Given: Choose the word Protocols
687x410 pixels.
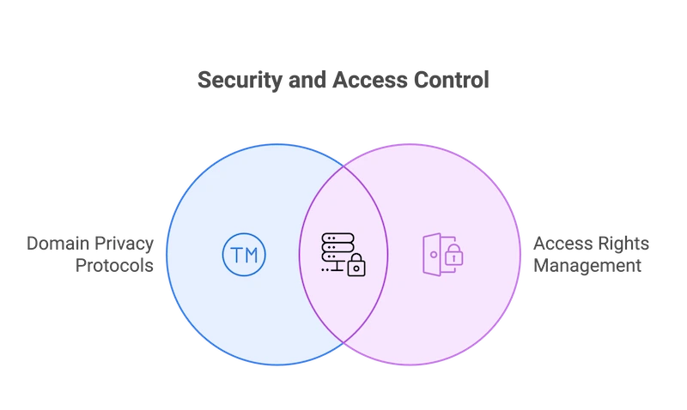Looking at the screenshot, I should pyautogui.click(x=115, y=266).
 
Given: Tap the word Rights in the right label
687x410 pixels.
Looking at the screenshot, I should pyautogui.click(x=625, y=244).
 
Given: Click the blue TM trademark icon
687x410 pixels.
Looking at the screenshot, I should pyautogui.click(x=244, y=255).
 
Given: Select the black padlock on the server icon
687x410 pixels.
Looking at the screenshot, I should pyautogui.click(x=356, y=267).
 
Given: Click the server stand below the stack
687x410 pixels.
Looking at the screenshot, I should pyautogui.click(x=336, y=269).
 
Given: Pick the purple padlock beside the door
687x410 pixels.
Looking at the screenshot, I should pyautogui.click(x=453, y=255).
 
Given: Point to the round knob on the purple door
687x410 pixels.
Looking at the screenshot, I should pyautogui.click(x=435, y=255).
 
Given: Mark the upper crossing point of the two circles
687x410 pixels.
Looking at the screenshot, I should pyautogui.click(x=343, y=166).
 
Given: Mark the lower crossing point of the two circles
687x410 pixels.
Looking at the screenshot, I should pyautogui.click(x=343, y=344).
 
